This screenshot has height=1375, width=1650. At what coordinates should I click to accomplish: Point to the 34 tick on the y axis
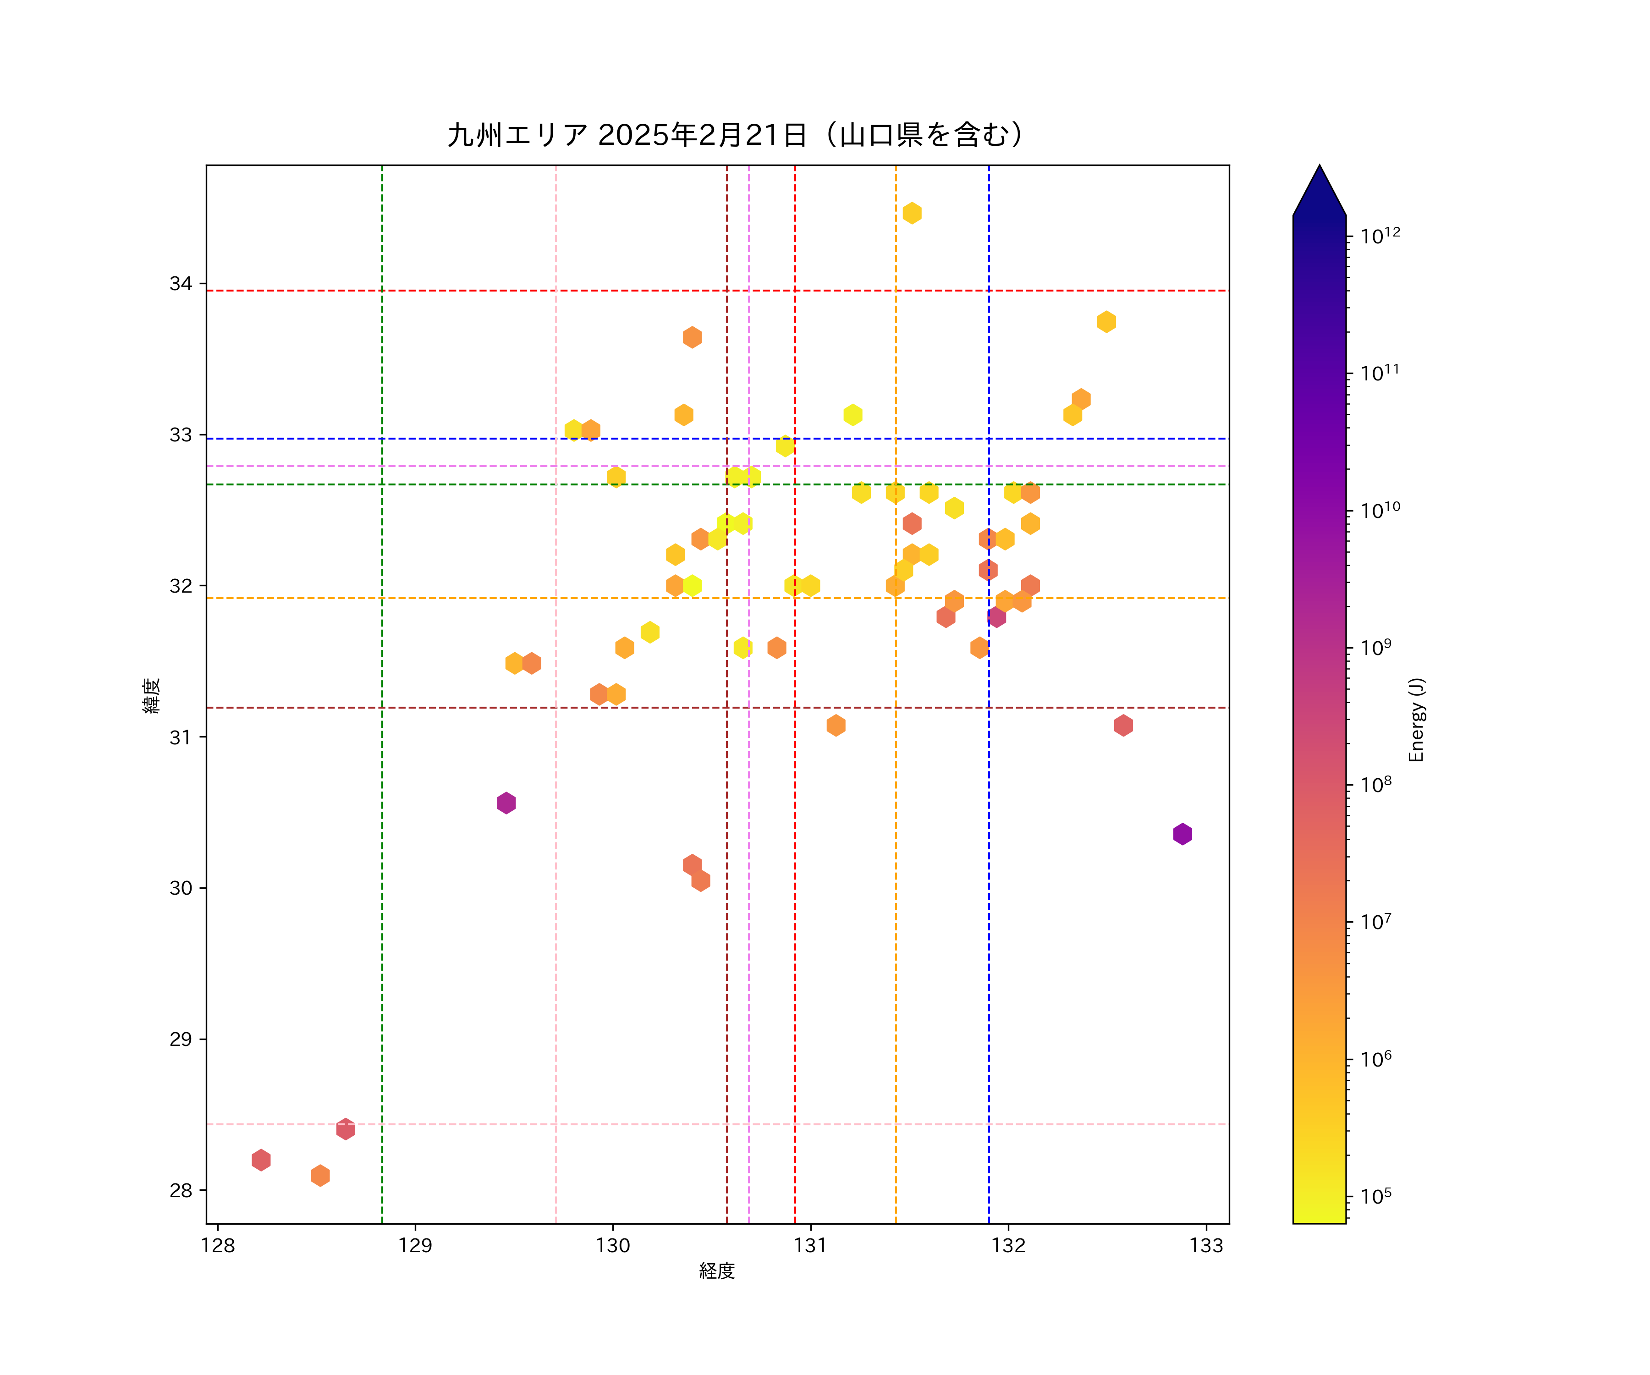(181, 284)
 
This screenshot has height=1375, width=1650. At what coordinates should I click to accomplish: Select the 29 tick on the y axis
(181, 1039)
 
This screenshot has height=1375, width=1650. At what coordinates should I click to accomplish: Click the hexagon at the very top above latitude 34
(912, 213)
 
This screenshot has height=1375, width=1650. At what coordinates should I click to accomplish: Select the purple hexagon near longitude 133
(1182, 834)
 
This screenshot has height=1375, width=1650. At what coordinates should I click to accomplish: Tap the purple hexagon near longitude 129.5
(506, 803)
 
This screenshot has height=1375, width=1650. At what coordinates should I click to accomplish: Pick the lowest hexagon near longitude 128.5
(320, 1176)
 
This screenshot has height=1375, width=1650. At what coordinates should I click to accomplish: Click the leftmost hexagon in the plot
(261, 1160)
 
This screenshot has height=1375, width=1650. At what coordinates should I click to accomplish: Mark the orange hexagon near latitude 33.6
(692, 337)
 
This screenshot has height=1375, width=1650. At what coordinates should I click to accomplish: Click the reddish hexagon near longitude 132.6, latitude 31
(1123, 725)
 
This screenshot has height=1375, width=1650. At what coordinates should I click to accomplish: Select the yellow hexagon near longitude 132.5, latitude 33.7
(1106, 321)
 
